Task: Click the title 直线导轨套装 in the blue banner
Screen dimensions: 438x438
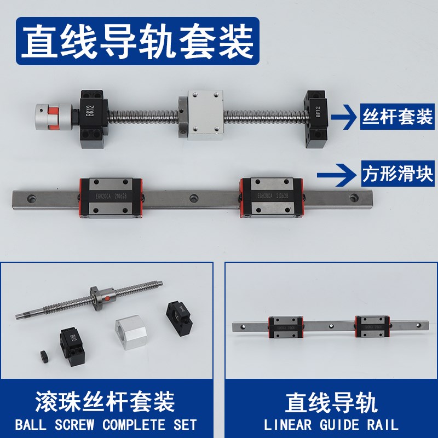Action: (x=137, y=41)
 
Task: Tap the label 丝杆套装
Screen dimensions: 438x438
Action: (x=397, y=116)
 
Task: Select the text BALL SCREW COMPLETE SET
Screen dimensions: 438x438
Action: (x=106, y=425)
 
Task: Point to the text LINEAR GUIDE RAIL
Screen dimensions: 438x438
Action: (x=331, y=425)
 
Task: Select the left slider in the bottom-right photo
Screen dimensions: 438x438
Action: (x=285, y=327)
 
